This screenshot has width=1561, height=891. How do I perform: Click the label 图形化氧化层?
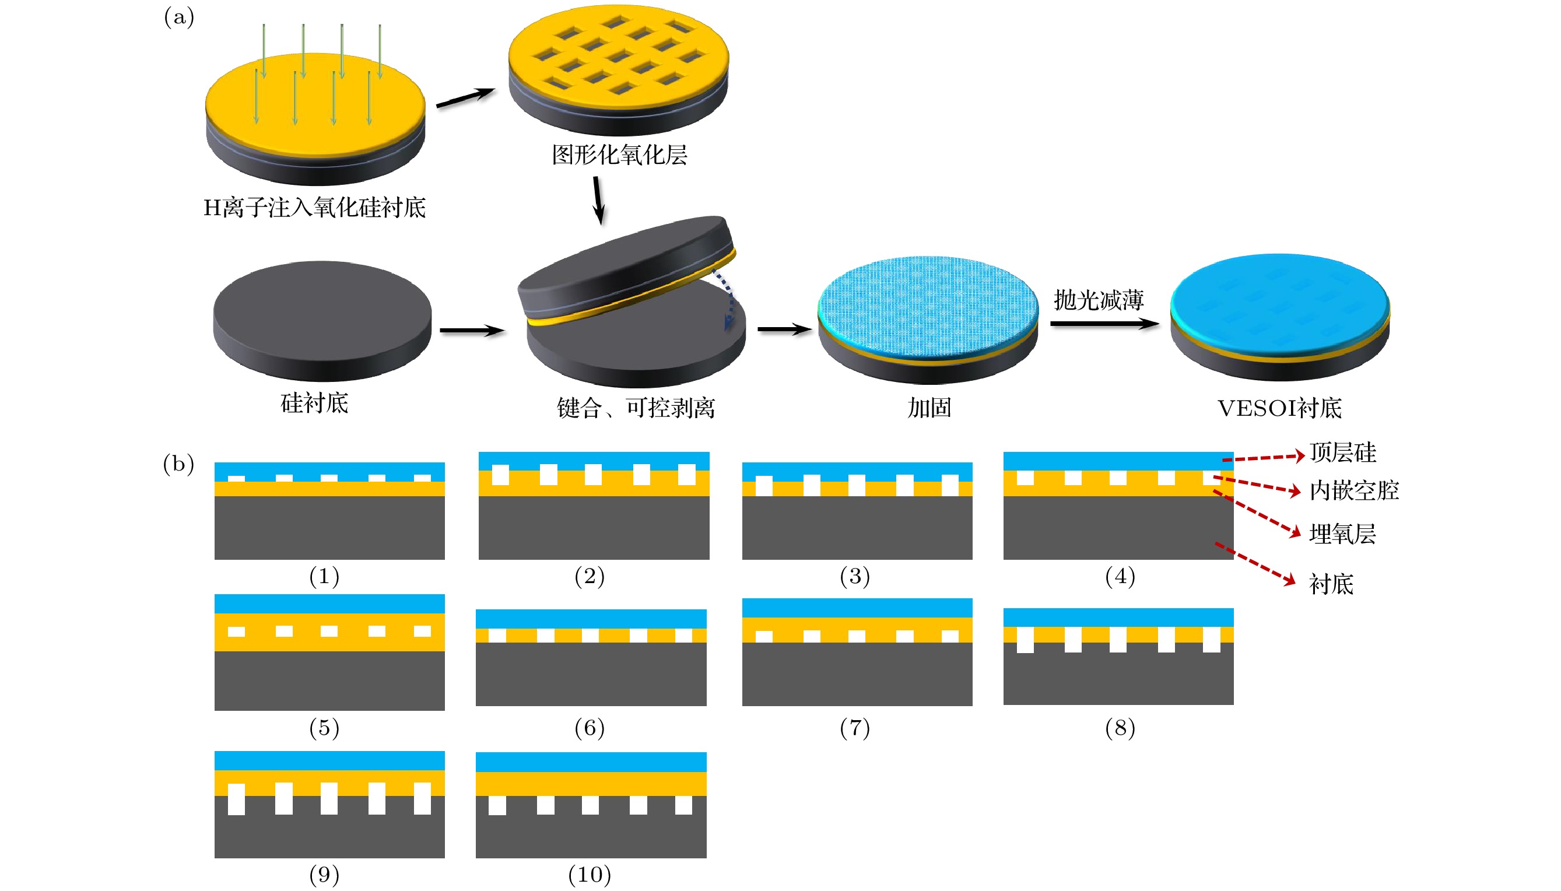point(619,156)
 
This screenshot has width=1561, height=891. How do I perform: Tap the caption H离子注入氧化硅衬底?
point(314,208)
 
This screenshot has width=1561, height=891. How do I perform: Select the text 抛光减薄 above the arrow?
point(1098,300)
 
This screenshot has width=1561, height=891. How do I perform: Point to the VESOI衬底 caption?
point(1279,408)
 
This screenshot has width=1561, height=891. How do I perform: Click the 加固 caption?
point(928,408)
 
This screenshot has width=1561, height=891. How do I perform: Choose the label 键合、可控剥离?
point(635,408)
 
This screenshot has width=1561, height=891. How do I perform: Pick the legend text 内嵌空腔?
point(1353,491)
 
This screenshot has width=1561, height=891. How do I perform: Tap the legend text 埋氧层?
point(1342,534)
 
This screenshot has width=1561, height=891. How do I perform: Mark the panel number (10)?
point(590,875)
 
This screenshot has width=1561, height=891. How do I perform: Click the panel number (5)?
point(324,728)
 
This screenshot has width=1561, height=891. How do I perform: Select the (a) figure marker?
point(178,17)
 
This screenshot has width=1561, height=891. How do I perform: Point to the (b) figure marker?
point(178,464)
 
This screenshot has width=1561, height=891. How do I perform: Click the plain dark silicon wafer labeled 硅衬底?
point(322,318)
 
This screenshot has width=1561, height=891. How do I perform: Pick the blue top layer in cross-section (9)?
point(329,760)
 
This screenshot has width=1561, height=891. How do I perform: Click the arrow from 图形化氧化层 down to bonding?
point(598,200)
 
